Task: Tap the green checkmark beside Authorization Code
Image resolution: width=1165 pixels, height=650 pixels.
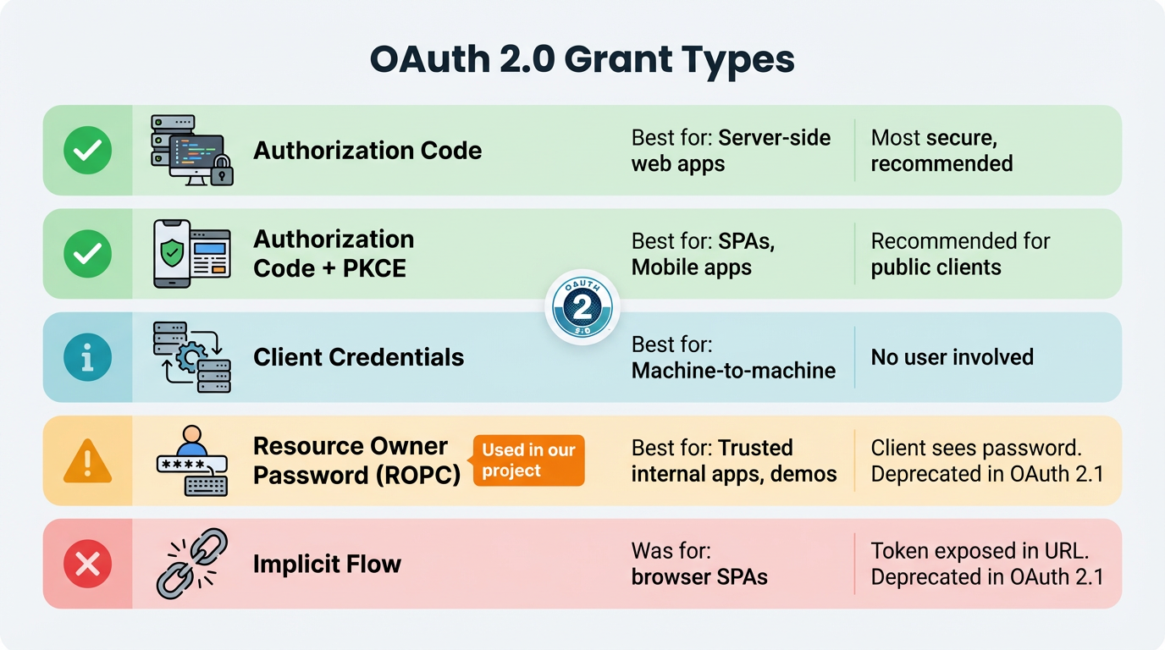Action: coord(88,151)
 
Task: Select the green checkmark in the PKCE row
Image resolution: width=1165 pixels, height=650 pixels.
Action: coord(88,254)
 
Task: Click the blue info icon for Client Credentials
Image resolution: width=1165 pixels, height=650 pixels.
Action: coord(88,357)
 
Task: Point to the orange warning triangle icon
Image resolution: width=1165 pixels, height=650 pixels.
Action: coord(88,461)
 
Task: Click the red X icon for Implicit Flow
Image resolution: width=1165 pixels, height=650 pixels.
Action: coord(88,564)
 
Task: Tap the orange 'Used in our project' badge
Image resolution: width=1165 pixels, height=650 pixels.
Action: coord(528,460)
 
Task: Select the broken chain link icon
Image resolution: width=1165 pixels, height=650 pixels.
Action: coord(192,564)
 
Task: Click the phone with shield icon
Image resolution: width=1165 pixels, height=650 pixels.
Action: coord(172,254)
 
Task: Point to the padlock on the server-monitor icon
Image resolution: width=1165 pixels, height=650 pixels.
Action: coord(222,173)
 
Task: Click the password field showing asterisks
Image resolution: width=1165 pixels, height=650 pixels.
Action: coord(192,465)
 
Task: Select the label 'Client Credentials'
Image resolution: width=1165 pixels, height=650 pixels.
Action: coord(358,357)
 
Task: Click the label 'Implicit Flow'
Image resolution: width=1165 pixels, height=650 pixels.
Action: coord(327,565)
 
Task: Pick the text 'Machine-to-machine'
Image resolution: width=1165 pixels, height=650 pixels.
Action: coord(733,371)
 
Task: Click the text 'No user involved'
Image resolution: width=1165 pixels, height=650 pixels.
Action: coord(952,357)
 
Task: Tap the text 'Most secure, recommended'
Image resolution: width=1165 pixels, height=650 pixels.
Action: coord(941,151)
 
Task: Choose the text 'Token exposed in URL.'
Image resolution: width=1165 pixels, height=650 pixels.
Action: coord(979,551)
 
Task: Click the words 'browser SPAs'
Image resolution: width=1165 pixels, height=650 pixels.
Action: coord(699,578)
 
